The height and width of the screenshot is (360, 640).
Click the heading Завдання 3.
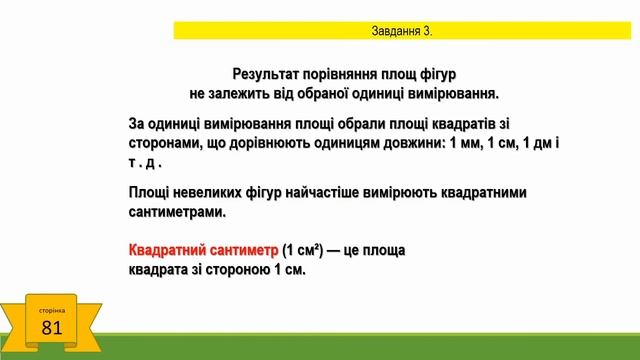[x=402, y=31]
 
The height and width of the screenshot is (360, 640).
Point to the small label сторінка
[x=53, y=310]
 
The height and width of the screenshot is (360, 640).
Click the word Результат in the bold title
[x=268, y=74]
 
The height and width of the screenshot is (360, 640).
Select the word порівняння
[x=349, y=74]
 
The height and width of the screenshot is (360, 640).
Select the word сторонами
[x=168, y=143]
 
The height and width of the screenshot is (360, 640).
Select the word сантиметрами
[x=177, y=212]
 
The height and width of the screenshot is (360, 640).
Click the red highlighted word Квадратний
[x=166, y=250]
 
